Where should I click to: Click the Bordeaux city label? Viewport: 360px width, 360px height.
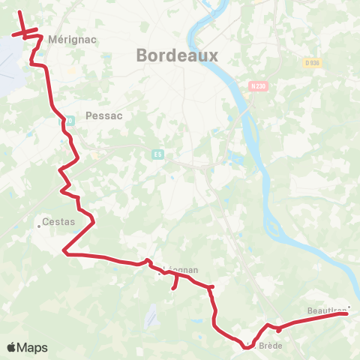pos(177,55)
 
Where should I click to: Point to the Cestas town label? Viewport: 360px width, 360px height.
pos(58,222)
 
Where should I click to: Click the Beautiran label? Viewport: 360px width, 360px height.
pos(325,308)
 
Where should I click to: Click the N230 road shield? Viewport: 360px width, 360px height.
pos(259,86)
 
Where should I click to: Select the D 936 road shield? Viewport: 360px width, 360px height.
pos(312,63)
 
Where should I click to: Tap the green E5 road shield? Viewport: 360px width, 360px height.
pos(157,154)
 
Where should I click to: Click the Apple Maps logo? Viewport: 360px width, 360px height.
pos(27,348)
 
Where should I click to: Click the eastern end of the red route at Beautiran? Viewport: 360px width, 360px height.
pos(346,314)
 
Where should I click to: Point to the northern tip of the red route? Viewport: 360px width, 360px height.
pos(19,13)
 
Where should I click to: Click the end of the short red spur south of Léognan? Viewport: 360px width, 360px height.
pos(173,287)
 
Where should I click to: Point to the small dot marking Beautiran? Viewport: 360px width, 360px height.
pos(349,305)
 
